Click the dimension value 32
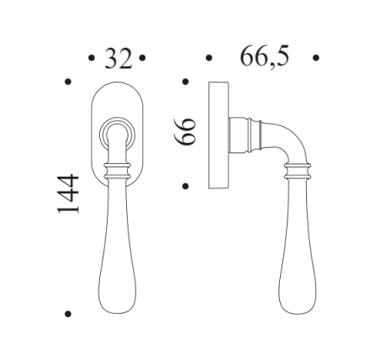click(x=118, y=58)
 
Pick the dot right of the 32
click(x=144, y=58)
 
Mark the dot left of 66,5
click(x=208, y=58)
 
